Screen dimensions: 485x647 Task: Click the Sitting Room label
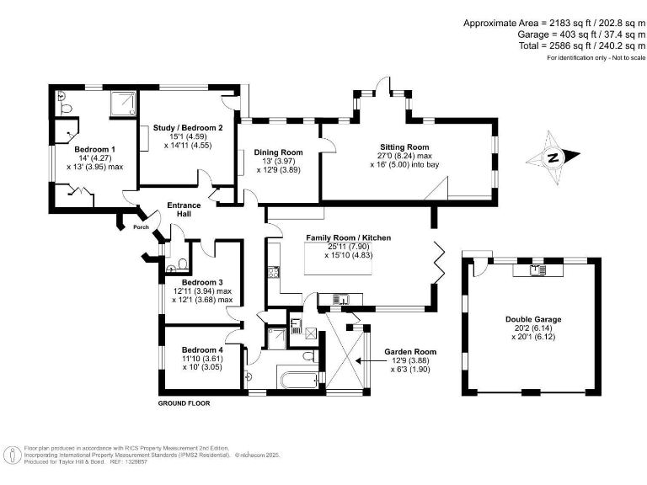[x=406, y=147]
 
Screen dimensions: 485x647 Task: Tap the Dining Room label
[x=278, y=152]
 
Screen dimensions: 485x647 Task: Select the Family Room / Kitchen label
[x=348, y=238]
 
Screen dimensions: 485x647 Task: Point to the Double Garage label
[x=533, y=319]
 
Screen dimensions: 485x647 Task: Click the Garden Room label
[x=409, y=351]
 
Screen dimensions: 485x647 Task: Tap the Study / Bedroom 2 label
[x=188, y=128]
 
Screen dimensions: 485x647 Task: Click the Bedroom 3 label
[x=202, y=282]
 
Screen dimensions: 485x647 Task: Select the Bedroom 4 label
[x=202, y=349]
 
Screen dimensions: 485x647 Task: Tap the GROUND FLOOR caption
[x=184, y=403]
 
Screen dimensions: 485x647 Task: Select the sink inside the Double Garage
[x=535, y=270]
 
